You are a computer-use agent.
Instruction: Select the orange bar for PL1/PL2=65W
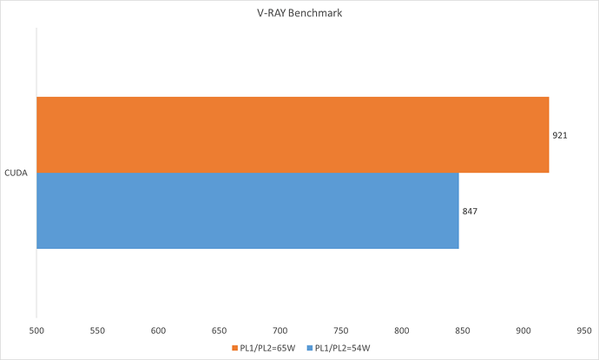point(293,134)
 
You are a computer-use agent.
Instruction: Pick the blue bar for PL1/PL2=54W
point(247,211)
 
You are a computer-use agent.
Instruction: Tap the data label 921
point(559,135)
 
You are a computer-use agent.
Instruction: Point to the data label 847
point(469,211)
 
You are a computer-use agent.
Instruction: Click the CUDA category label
point(16,173)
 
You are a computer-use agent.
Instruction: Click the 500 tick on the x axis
point(36,330)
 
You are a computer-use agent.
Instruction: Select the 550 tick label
point(97,330)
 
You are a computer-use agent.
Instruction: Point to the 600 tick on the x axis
point(158,330)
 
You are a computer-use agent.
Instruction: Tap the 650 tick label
point(219,330)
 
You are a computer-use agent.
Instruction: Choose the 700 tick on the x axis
point(280,330)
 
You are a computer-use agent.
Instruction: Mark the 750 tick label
point(340,330)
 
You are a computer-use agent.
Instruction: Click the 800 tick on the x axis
point(401,330)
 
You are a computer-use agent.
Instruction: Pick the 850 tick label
point(462,330)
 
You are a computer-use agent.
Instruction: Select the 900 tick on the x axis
point(523,330)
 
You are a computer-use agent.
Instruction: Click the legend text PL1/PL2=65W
point(266,348)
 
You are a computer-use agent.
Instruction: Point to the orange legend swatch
point(234,348)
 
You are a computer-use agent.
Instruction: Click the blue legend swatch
point(310,348)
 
